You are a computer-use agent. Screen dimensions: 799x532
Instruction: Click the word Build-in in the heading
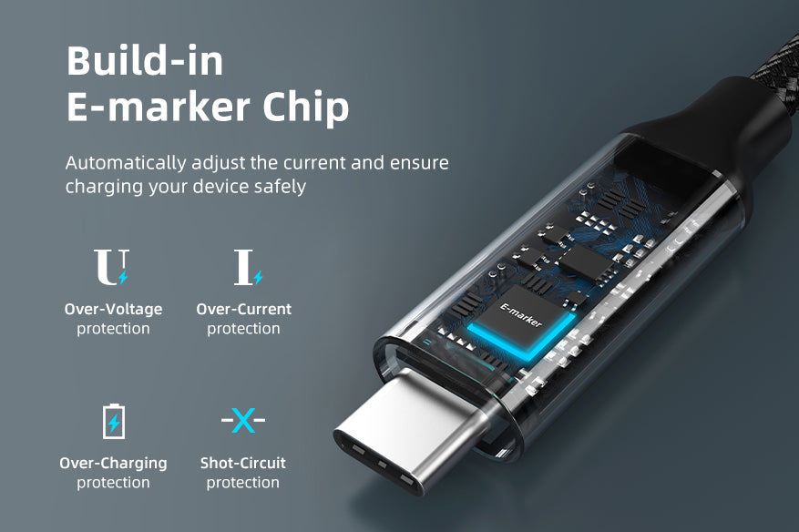[145, 61]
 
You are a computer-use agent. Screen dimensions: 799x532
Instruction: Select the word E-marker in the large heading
[158, 107]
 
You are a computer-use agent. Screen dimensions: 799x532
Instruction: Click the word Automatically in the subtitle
[126, 163]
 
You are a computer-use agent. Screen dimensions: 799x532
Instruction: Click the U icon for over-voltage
[111, 267]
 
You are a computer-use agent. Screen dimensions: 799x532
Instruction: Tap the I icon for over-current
[248, 267]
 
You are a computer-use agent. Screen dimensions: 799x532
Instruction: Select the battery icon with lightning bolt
[114, 421]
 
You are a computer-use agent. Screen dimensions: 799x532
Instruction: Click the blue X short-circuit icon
[243, 420]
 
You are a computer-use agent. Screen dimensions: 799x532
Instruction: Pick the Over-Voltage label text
[113, 309]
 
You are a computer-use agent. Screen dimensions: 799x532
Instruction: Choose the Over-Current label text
[243, 309]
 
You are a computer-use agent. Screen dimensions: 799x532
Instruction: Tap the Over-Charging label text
[113, 463]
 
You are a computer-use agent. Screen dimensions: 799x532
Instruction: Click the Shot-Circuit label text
[242, 463]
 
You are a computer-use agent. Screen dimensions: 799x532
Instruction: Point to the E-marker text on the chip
[521, 315]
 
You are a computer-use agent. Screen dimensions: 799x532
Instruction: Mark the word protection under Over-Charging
[113, 483]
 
